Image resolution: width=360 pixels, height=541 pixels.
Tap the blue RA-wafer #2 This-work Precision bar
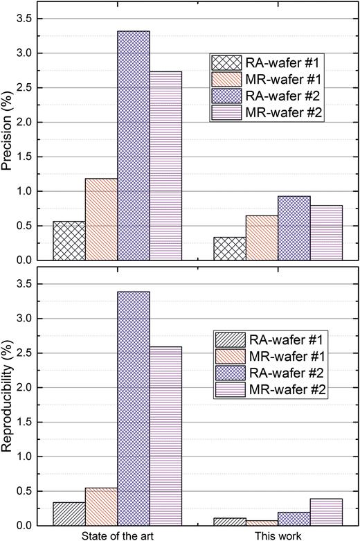coord(294,228)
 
